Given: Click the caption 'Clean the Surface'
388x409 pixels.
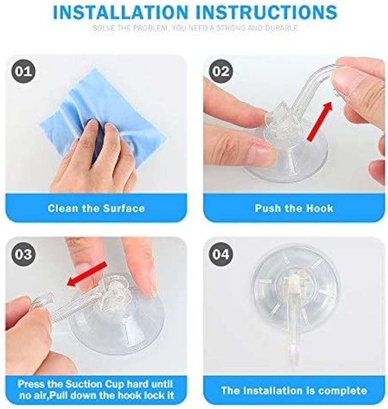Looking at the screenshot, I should pyautogui.click(x=96, y=208).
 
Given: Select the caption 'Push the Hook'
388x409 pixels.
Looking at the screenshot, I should pyautogui.click(x=294, y=208).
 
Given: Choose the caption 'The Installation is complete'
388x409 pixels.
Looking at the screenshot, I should pyautogui.click(x=294, y=391).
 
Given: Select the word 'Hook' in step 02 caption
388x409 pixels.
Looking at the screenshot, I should pyautogui.click(x=321, y=208).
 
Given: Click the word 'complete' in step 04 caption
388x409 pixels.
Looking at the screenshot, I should pyautogui.click(x=342, y=391).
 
